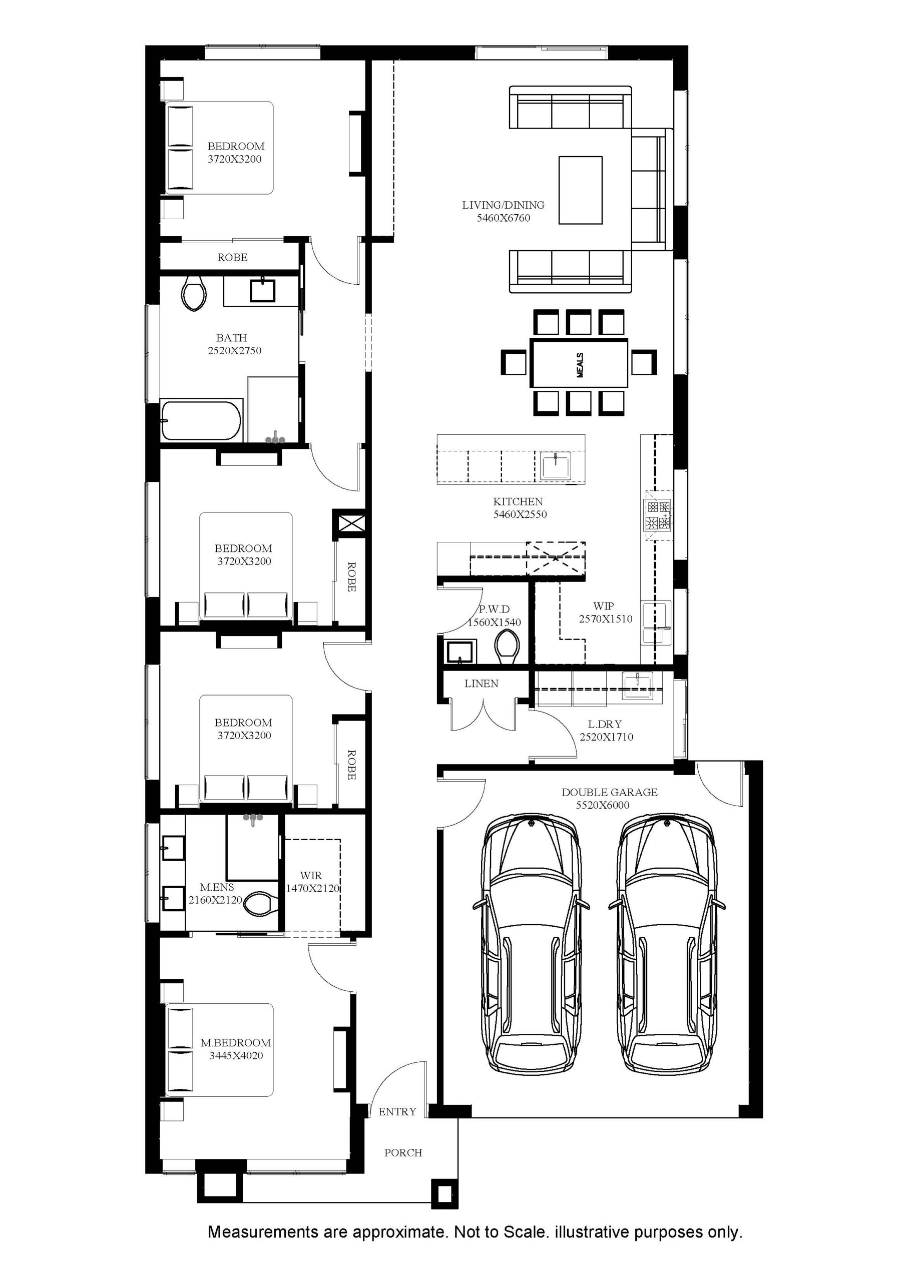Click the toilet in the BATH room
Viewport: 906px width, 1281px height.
(194, 293)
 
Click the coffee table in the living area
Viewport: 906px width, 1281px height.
(581, 190)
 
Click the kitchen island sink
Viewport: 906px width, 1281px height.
(556, 465)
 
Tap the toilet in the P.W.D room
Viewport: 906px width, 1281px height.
(507, 647)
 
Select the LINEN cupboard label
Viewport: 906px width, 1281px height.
(481, 684)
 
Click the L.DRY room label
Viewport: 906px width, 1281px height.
(605, 724)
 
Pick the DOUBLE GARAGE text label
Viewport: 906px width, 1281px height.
(610, 792)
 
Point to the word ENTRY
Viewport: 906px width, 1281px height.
(397, 1111)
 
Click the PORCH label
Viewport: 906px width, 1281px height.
(403, 1153)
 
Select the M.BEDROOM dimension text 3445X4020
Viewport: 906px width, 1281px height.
(236, 1056)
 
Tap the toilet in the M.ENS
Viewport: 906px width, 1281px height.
(261, 903)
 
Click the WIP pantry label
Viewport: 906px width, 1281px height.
(604, 606)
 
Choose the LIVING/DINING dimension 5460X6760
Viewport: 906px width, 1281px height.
(504, 218)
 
